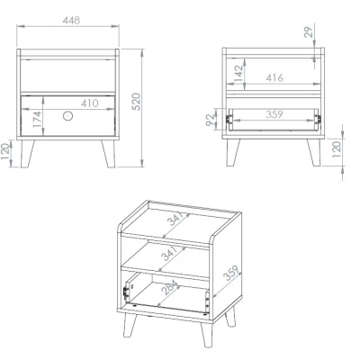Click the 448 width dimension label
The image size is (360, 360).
71,21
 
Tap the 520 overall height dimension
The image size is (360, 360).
136,102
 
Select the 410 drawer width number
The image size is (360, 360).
90,103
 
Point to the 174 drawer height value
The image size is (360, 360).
37,119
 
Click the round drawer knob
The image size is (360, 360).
68,116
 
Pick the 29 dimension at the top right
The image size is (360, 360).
309,32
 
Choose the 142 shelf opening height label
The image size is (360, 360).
238,73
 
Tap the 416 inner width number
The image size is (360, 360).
274,78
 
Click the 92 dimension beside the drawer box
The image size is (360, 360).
211,120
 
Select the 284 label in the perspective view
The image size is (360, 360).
169,287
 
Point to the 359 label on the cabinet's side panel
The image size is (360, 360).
232,273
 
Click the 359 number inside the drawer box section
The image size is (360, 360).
274,114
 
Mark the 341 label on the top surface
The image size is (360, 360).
175,219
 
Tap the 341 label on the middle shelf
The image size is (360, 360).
169,254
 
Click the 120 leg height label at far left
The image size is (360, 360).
5,151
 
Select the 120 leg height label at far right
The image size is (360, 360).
337,149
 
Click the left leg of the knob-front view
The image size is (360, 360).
27,154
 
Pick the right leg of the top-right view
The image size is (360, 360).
314,152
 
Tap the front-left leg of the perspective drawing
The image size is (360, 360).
130,326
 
